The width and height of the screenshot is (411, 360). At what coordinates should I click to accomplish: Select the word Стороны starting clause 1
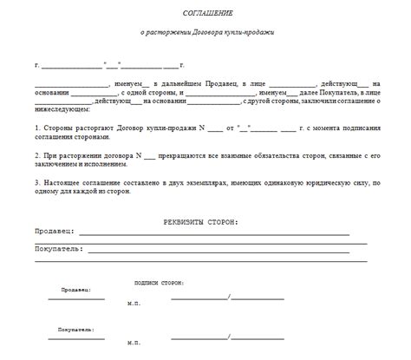point(62,128)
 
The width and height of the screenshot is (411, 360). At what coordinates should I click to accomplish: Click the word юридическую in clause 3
point(314,183)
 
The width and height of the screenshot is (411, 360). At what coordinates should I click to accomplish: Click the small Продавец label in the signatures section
point(75,290)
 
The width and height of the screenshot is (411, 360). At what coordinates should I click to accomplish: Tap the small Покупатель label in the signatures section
point(75,330)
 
